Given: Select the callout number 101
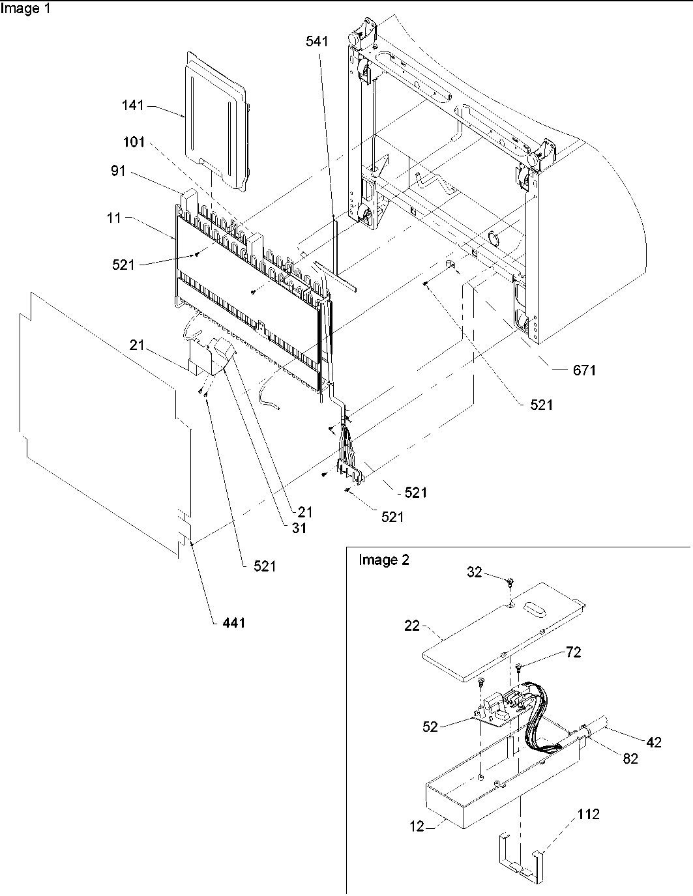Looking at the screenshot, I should [x=134, y=143].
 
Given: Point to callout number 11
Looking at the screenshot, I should [x=115, y=218].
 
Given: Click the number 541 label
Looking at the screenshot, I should [x=317, y=42].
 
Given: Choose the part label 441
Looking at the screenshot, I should [x=233, y=623].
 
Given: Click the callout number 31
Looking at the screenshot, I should [x=299, y=528].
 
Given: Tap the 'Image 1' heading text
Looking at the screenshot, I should [x=24, y=9].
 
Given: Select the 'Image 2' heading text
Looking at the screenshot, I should [x=384, y=560].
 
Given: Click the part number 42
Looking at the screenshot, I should [x=654, y=742].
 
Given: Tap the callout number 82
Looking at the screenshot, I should [x=629, y=759].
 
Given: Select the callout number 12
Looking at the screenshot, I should [x=417, y=826].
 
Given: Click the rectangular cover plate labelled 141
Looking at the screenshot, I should [x=215, y=124].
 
